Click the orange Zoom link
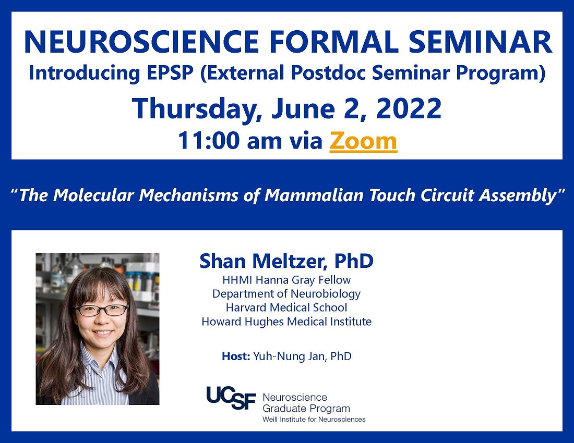[x=363, y=141]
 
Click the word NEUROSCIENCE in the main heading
[x=141, y=42]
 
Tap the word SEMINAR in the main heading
[x=480, y=42]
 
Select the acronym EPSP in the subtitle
[x=170, y=72]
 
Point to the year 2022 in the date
[x=409, y=108]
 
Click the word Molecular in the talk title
[x=93, y=195]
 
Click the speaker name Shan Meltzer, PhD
[x=286, y=261]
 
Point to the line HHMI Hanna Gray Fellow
[x=286, y=280]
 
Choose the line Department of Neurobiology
[x=286, y=294]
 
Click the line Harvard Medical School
[x=286, y=307]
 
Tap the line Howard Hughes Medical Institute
[x=286, y=322]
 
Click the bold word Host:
[x=236, y=356]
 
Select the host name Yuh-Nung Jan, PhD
[x=302, y=356]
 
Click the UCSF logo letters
[x=231, y=398]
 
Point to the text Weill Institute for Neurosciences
[x=314, y=419]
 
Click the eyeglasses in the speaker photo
[x=101, y=310]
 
